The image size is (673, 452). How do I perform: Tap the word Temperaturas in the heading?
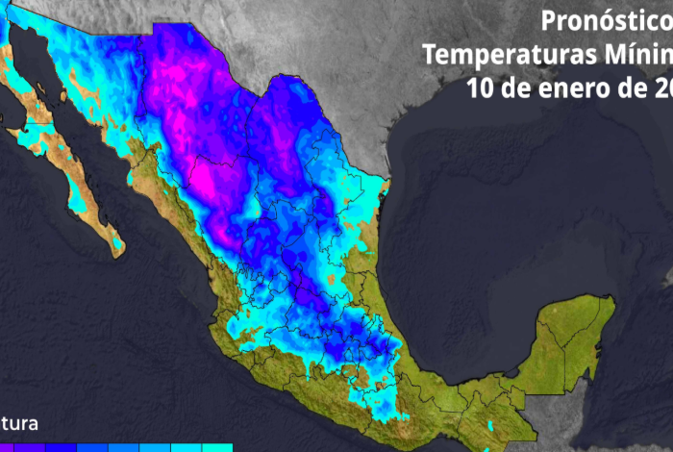coord(499,54)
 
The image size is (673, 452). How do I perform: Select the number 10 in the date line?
coord(482,88)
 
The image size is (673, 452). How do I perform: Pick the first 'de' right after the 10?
coord(516,88)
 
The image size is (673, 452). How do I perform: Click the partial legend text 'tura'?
coord(19,423)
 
